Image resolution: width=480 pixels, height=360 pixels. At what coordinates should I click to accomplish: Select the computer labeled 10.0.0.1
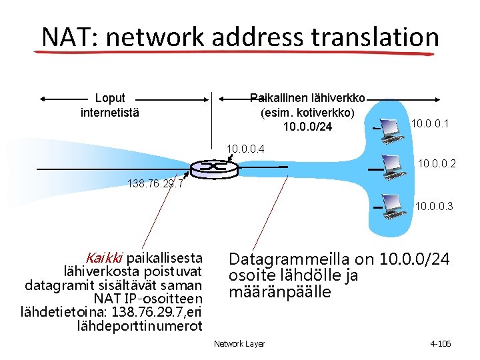click(x=390, y=133)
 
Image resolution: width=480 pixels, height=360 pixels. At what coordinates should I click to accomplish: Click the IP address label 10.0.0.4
click(x=246, y=148)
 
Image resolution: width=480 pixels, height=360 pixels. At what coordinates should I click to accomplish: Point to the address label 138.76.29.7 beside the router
click(x=155, y=184)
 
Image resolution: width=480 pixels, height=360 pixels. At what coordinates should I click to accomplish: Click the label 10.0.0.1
click(x=429, y=123)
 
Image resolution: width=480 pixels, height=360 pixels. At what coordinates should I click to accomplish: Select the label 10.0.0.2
click(x=436, y=162)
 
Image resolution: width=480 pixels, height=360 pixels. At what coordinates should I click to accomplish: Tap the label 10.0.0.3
click(x=433, y=207)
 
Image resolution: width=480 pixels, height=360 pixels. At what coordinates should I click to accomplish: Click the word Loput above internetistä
click(x=110, y=99)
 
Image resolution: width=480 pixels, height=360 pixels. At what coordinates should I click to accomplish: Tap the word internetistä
click(x=110, y=112)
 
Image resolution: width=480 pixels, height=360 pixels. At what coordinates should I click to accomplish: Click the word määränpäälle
click(x=279, y=292)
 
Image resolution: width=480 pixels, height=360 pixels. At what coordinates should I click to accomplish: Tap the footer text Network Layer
click(x=239, y=343)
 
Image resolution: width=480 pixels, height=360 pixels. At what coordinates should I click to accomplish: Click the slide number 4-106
click(x=441, y=343)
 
